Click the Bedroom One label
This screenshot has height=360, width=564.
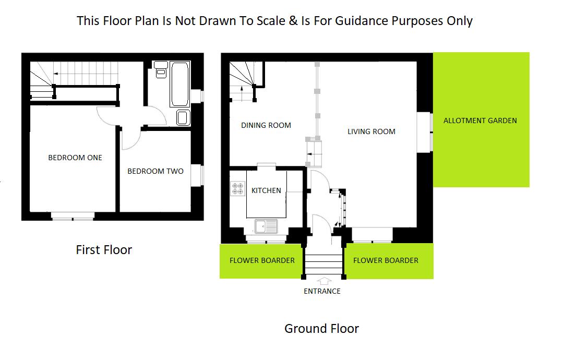75,158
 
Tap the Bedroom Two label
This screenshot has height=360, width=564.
155,171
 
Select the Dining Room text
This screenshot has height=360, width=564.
266,125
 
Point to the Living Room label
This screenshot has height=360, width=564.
371,131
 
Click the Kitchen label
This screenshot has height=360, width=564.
266,190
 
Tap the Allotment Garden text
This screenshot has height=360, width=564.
480,121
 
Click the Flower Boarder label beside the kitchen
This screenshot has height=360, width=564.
262,260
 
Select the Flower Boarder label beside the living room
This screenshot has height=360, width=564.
386,260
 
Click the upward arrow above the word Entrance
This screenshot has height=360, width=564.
322,281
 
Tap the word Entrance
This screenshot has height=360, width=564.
322,291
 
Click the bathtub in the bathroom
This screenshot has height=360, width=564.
180,83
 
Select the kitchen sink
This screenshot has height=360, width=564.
267,226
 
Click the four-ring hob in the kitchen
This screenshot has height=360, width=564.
238,188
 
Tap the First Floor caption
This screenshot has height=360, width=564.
104,250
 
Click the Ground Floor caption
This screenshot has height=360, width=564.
321,329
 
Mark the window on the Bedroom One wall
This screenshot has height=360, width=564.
73,214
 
